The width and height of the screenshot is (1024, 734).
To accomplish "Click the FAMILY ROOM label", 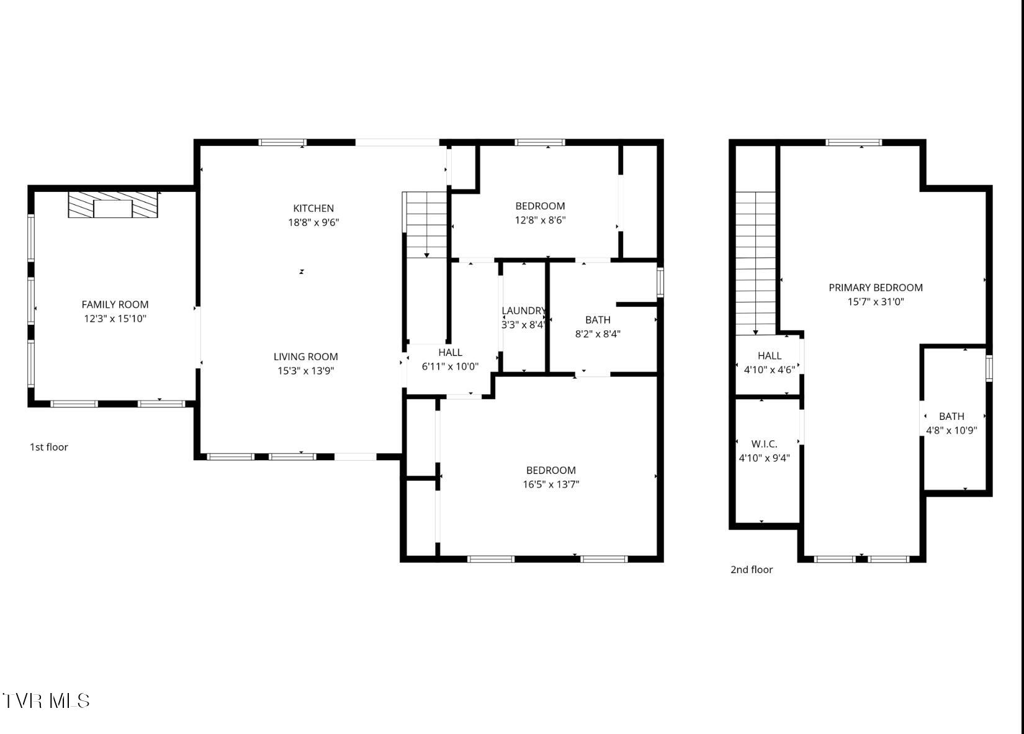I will click(x=115, y=304).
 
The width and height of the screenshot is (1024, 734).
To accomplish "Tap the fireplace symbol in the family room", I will click(x=113, y=205).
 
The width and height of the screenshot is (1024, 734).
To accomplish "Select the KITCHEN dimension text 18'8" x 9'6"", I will click(x=313, y=222).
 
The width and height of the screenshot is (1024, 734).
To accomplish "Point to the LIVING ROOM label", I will click(x=305, y=356).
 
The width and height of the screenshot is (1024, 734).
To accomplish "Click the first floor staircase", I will click(x=426, y=225).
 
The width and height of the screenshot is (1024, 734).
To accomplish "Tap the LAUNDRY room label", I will click(x=523, y=310).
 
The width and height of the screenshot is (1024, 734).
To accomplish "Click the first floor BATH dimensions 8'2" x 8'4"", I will click(x=598, y=333).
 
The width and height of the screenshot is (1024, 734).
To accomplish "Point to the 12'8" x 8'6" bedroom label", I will click(x=540, y=206).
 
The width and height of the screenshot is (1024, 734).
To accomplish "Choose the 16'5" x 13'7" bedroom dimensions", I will click(x=550, y=484).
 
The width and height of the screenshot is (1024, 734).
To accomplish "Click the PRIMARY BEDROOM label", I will click(x=875, y=288).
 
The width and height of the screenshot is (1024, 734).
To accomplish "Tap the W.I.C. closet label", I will click(x=764, y=444).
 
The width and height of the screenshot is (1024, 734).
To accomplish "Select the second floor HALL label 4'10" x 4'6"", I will click(x=769, y=363).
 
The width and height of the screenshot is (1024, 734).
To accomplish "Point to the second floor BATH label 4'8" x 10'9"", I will click(x=951, y=423).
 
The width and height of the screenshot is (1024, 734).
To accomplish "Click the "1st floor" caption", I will click(x=49, y=447).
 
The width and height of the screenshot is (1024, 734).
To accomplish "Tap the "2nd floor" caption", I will click(x=751, y=569).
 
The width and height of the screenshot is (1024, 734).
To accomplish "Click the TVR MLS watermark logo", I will click(x=46, y=701).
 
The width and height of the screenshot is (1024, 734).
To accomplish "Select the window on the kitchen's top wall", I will click(x=282, y=142).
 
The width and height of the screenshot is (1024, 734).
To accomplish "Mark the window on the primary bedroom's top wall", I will click(x=853, y=142).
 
